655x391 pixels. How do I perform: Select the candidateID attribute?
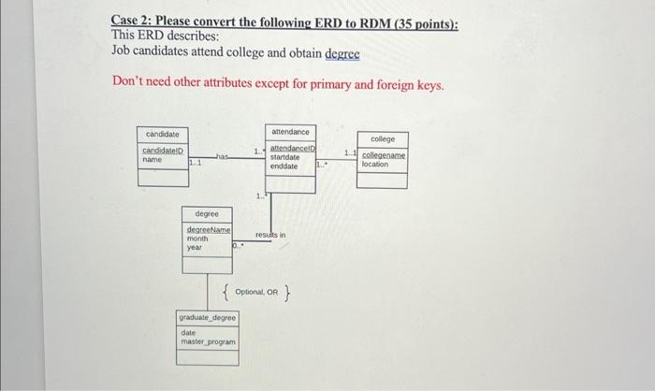click(x=163, y=151)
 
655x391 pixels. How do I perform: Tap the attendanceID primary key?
click(x=293, y=149)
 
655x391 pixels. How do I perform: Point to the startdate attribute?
click(x=285, y=157)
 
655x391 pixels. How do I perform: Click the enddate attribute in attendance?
click(x=284, y=166)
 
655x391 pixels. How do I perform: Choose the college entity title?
click(x=383, y=139)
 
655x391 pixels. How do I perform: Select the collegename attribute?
click(x=384, y=155)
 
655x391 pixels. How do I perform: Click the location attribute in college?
click(x=374, y=164)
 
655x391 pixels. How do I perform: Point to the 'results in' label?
click(x=270, y=234)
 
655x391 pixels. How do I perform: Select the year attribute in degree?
click(x=194, y=247)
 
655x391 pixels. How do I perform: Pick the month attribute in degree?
click(x=196, y=239)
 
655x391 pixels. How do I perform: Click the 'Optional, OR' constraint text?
click(x=256, y=292)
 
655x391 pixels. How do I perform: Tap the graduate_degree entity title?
click(x=208, y=319)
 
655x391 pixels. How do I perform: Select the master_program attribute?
click(x=208, y=341)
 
